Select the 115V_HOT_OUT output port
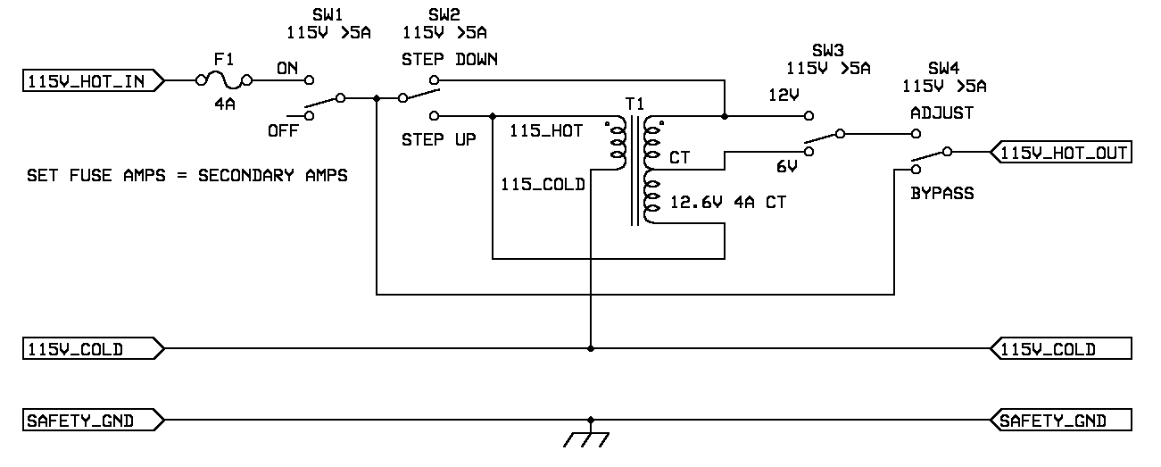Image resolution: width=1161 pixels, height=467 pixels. click(1062, 153)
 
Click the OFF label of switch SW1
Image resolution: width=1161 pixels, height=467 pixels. click(283, 130)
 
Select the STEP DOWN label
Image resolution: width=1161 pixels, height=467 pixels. click(449, 59)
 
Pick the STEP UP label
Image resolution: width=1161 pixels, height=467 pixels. click(437, 140)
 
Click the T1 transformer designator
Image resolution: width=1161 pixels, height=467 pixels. click(634, 104)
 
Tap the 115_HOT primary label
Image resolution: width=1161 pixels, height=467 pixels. click(546, 131)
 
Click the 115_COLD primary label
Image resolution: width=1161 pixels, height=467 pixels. click(543, 185)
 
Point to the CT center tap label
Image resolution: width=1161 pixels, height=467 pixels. click(679, 158)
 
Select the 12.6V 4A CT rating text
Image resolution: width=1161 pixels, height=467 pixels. click(728, 203)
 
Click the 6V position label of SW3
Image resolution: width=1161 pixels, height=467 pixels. click(785, 166)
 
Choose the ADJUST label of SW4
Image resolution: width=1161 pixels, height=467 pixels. click(941, 113)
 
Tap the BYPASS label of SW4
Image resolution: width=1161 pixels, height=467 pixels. click(941, 193)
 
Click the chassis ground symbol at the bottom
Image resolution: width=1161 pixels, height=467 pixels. click(589, 438)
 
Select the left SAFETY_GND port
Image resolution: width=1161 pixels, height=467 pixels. click(93, 420)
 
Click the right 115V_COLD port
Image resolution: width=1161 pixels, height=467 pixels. click(1062, 348)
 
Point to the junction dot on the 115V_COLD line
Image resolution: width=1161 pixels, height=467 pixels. click(589, 348)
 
